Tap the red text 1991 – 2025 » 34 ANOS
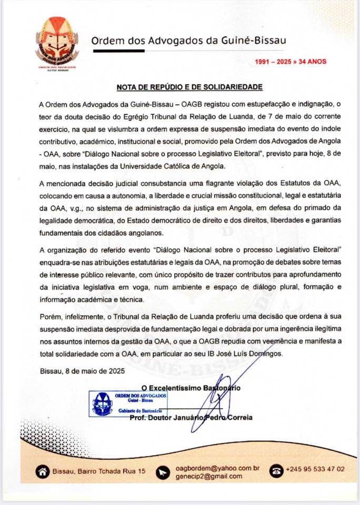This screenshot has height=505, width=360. [291, 62]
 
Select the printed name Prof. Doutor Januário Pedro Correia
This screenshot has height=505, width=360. [191, 418]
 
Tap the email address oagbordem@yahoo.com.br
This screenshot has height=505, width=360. [217, 468]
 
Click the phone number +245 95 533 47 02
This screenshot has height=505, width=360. [315, 469]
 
